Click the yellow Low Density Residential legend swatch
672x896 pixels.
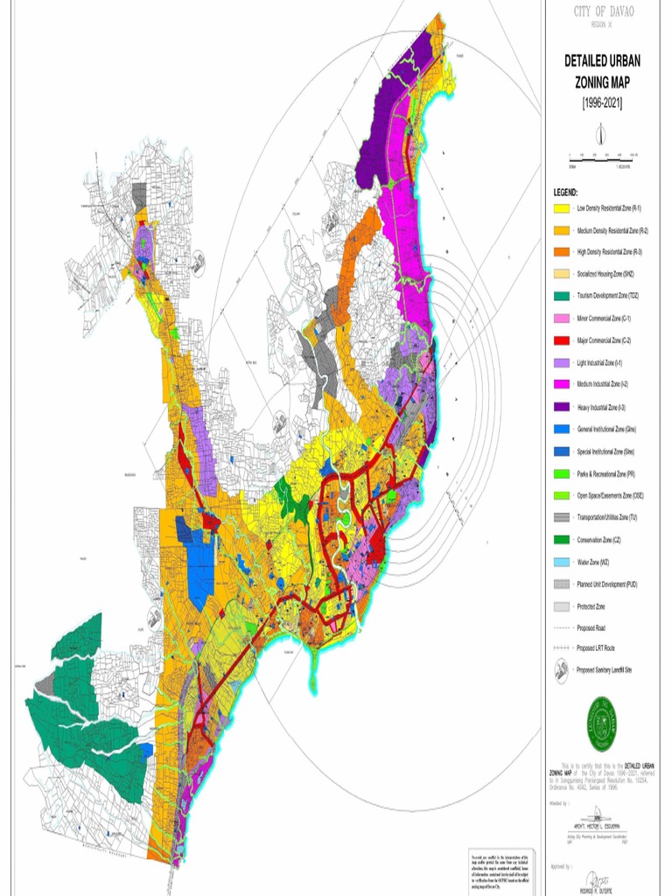pyautogui.click(x=561, y=208)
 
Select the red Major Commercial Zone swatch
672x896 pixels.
pyautogui.click(x=561, y=340)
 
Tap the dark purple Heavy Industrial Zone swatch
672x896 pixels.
pyautogui.click(x=561, y=407)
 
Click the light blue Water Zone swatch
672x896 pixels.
pyautogui.click(x=561, y=562)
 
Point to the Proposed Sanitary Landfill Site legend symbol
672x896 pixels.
pyautogui.click(x=561, y=670)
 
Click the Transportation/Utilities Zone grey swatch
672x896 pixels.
pyautogui.click(x=561, y=517)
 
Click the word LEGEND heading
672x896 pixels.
pyautogui.click(x=565, y=191)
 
